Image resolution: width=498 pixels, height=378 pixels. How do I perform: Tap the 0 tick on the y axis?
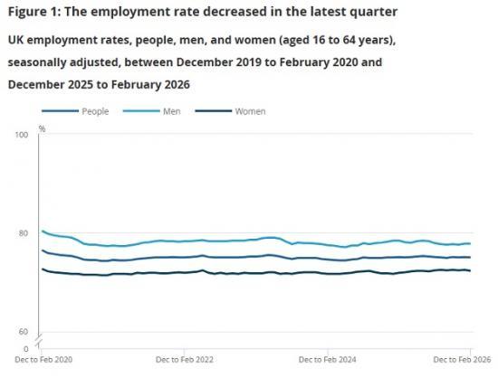26,347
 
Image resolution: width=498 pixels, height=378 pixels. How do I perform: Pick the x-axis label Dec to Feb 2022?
186,359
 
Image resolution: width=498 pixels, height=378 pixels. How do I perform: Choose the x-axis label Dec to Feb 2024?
327,359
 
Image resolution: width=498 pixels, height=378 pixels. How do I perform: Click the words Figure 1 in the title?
31,12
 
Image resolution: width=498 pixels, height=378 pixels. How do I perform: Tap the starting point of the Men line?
42,231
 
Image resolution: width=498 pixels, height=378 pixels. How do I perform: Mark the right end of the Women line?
469,270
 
